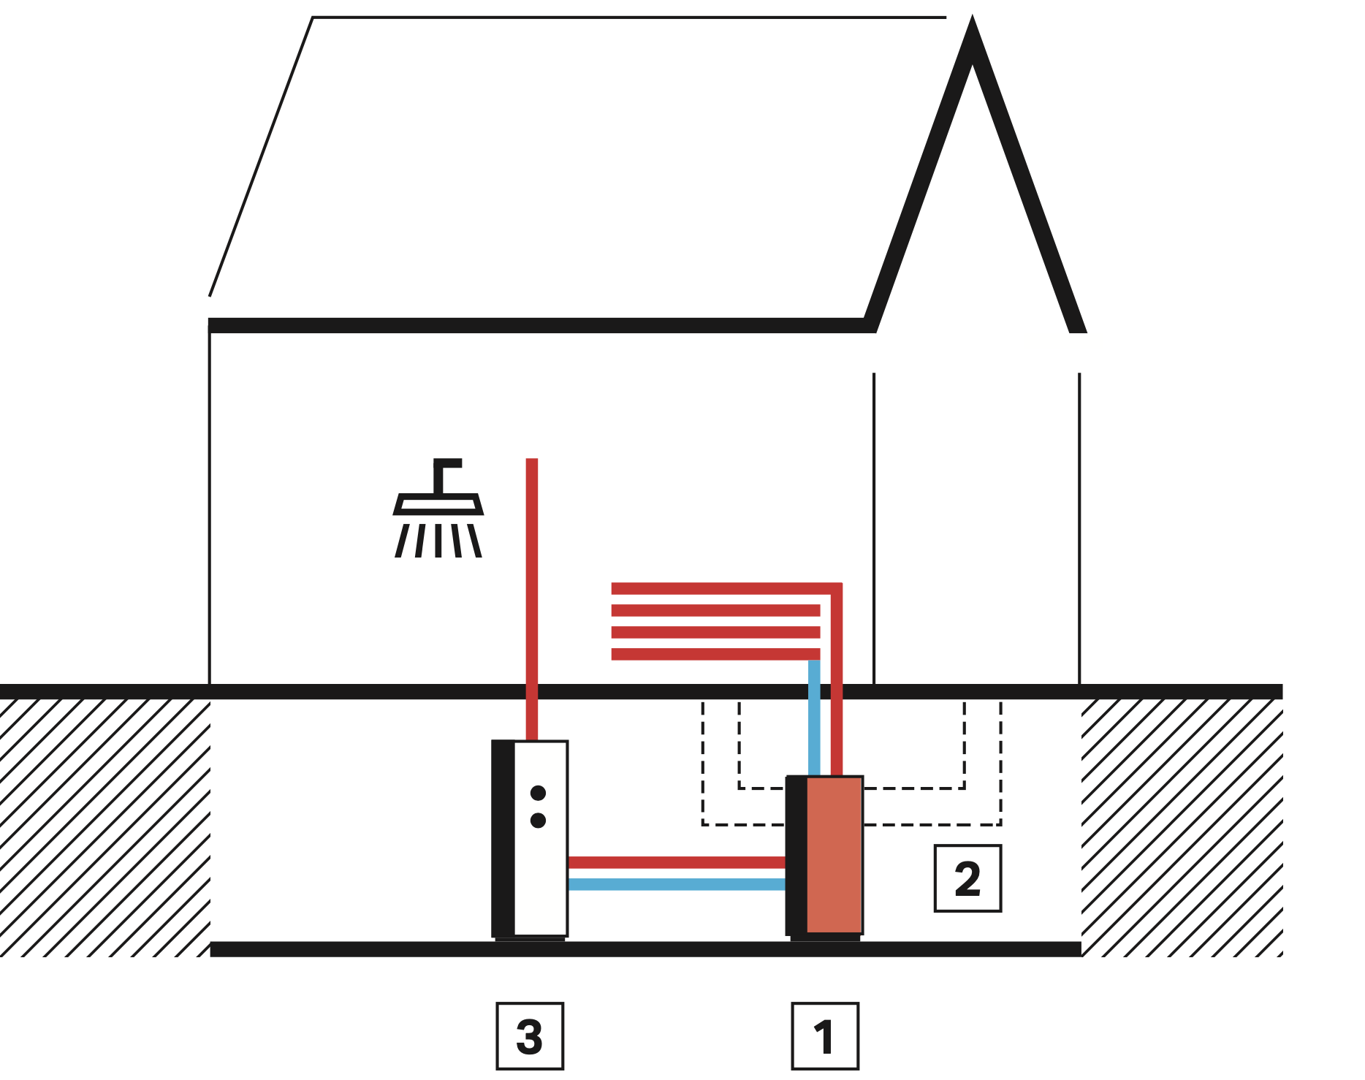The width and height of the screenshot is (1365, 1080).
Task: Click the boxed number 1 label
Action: pyautogui.click(x=825, y=1036)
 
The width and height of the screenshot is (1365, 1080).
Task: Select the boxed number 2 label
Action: pyautogui.click(x=967, y=878)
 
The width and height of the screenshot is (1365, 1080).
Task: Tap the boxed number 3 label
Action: pyautogui.click(x=530, y=1036)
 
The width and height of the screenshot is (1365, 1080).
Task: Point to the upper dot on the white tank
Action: pyautogui.click(x=539, y=793)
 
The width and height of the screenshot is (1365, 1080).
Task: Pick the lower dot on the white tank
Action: pyautogui.click(x=539, y=821)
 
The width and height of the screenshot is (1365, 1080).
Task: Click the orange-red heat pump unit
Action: pyautogui.click(x=834, y=855)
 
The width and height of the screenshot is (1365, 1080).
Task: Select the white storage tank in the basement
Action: pyautogui.click(x=541, y=877)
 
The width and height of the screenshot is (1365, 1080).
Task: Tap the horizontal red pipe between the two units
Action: pyautogui.click(x=677, y=862)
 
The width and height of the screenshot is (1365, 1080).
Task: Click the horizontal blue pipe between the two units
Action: pyautogui.click(x=677, y=884)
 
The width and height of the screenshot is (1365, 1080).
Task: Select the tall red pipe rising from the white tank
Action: pyautogui.click(x=532, y=585)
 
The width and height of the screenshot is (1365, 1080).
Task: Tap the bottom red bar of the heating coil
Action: pyautogui.click(x=715, y=654)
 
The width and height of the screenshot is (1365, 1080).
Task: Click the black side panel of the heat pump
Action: pyautogui.click(x=796, y=855)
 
